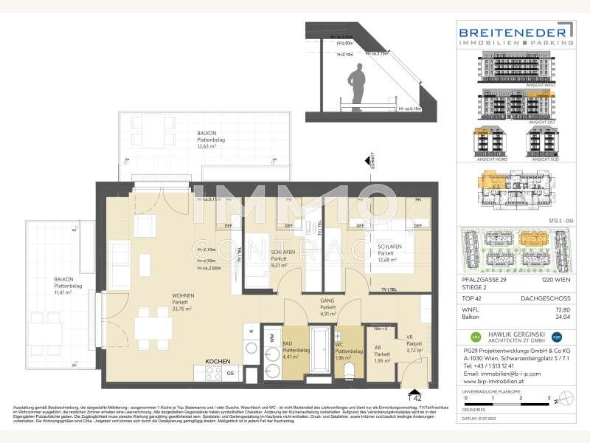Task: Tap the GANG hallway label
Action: [x=327, y=303]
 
